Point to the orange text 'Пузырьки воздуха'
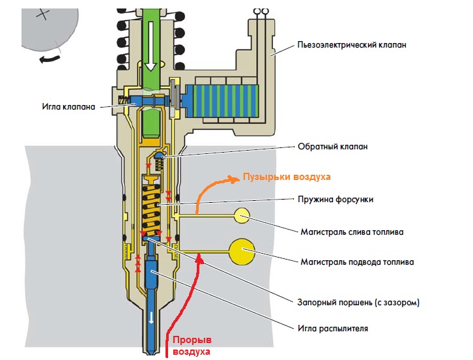tap(287, 177)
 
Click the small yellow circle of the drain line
tap(241, 216)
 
